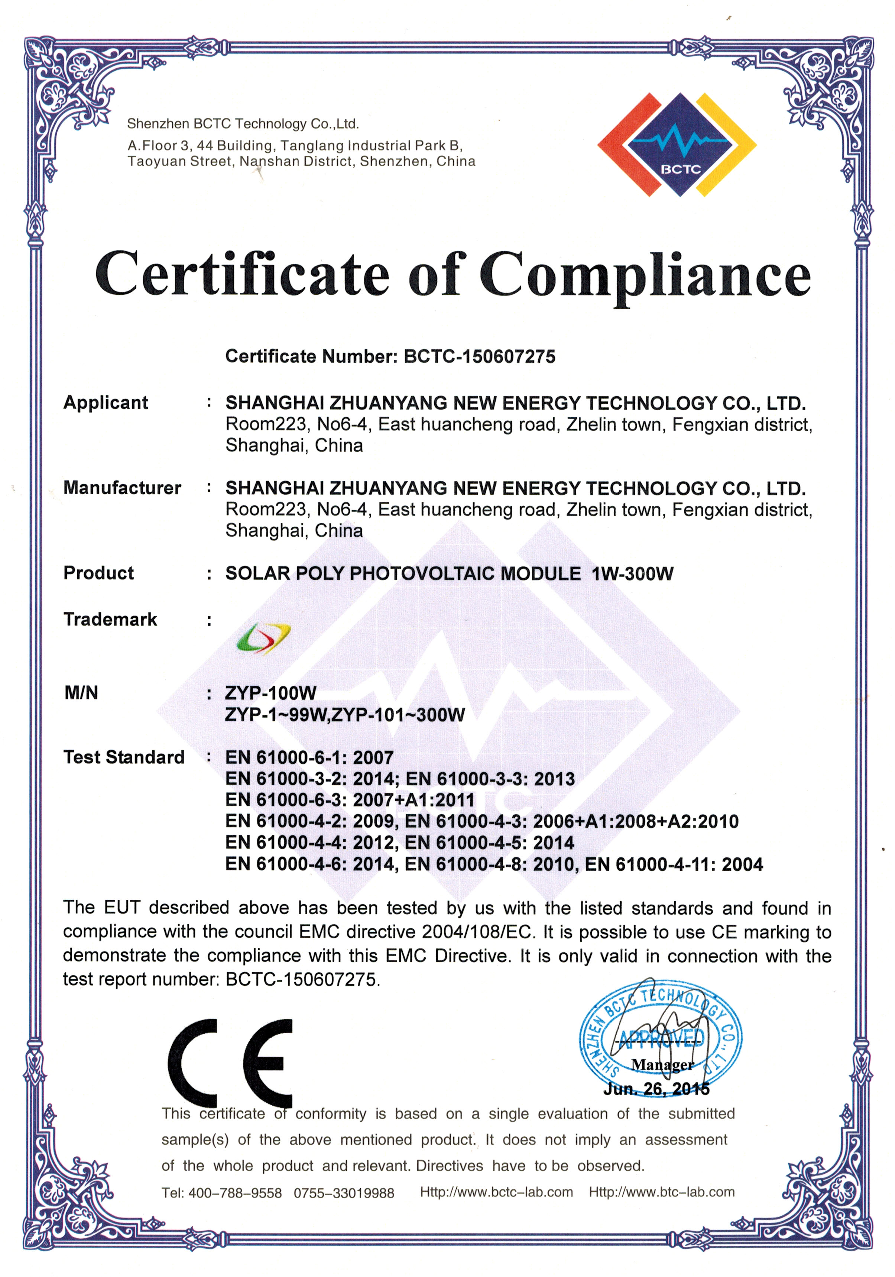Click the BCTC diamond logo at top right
[x=677, y=145]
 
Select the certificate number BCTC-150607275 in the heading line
[x=479, y=356]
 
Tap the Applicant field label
[x=106, y=402]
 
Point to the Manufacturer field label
[x=122, y=488]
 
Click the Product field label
[x=98, y=573]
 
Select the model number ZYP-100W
[x=271, y=693]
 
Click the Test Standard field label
[x=123, y=757]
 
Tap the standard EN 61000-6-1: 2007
[x=309, y=757]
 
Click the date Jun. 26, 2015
[x=656, y=1089]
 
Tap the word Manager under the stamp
[x=662, y=1064]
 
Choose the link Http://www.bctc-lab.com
[x=496, y=1192]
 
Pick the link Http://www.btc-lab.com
[x=662, y=1192]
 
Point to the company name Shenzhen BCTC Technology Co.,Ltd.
[x=243, y=123]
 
